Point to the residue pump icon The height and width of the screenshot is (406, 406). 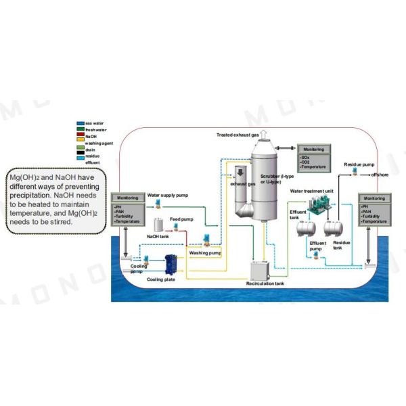(x=352, y=174)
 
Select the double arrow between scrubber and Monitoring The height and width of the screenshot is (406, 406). (x=288, y=148)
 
